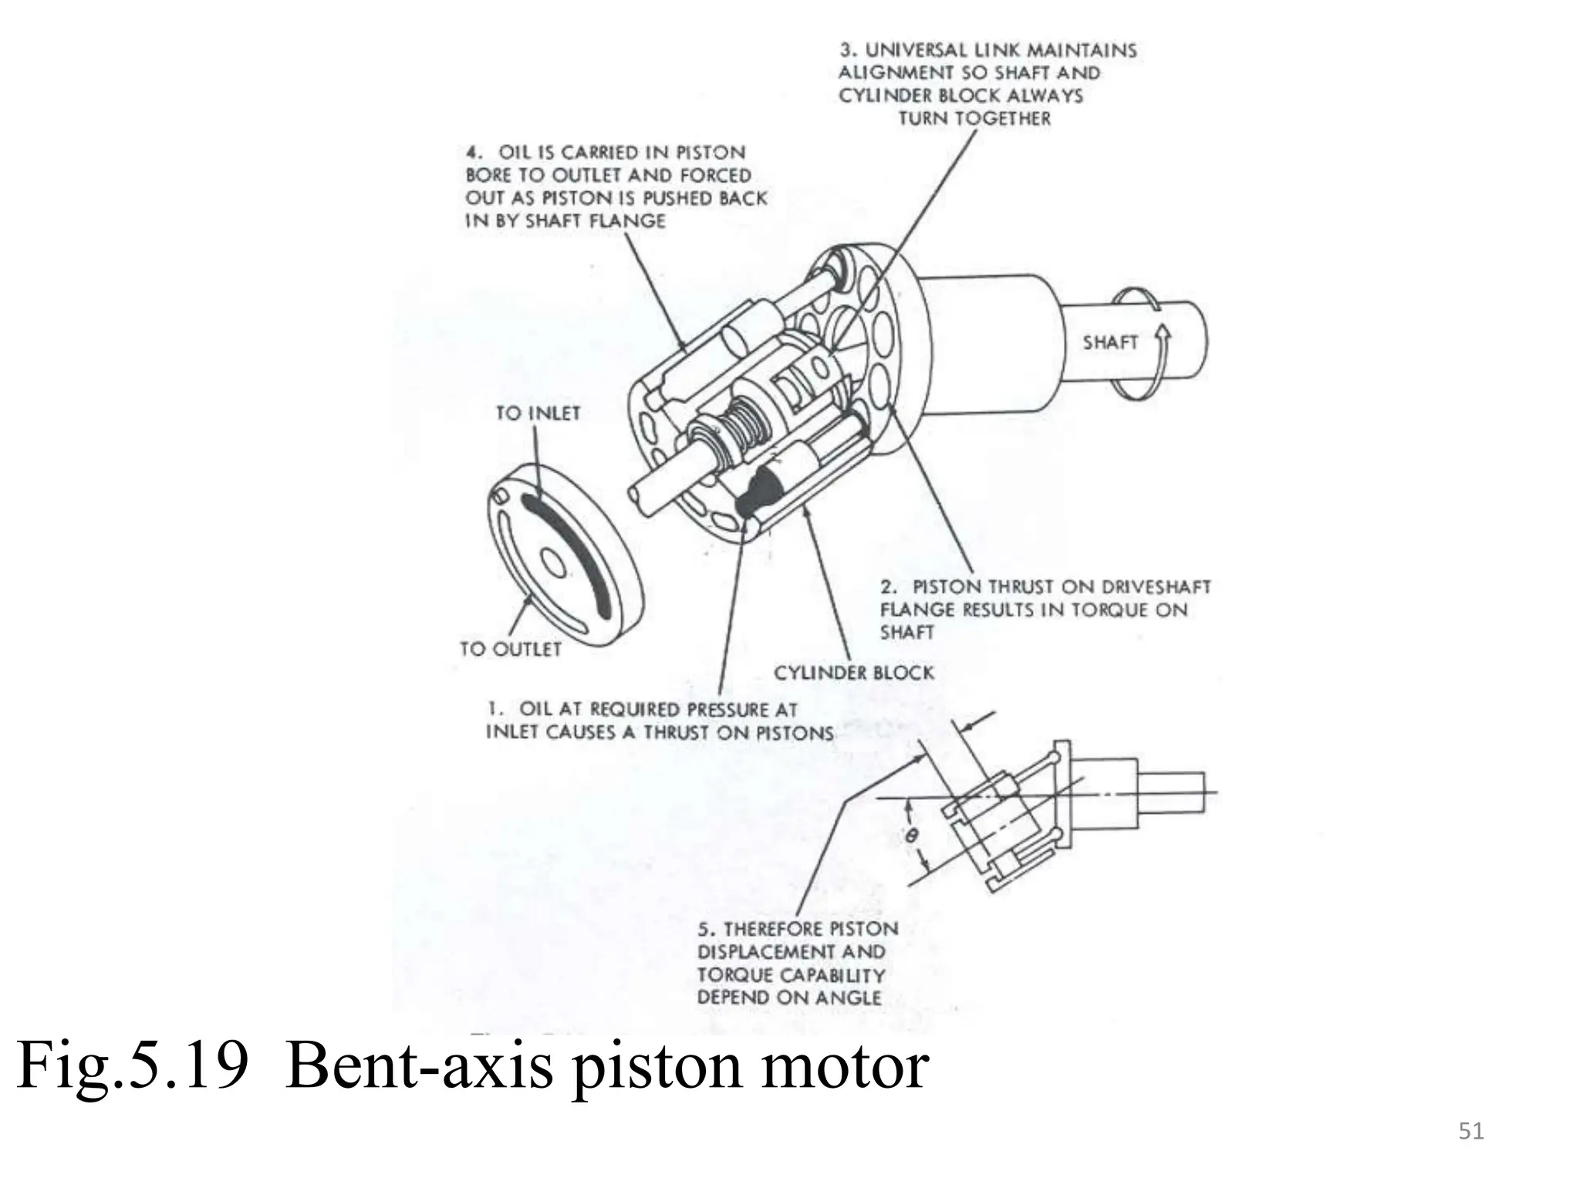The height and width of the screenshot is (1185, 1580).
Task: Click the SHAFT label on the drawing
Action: click(x=1109, y=343)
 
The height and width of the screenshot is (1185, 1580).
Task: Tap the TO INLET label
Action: click(x=538, y=414)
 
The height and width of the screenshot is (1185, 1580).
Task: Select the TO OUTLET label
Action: click(x=510, y=650)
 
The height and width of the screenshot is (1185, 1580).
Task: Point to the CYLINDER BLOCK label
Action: click(x=853, y=674)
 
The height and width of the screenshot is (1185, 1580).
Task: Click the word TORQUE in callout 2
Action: click(x=1110, y=610)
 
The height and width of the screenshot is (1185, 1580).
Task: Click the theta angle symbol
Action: click(x=912, y=835)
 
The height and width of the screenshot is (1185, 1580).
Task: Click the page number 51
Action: click(x=1471, y=1132)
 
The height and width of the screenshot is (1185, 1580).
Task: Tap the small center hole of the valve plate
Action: click(x=554, y=562)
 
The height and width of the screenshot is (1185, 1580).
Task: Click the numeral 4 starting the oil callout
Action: click(x=471, y=153)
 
